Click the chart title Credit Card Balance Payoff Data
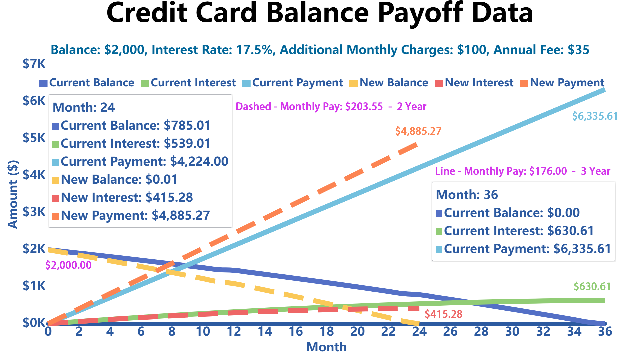point(319,13)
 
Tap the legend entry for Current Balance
point(87,83)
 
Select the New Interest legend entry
point(475,83)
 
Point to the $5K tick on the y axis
point(34,138)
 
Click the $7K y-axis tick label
point(34,64)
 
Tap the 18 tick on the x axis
point(326,332)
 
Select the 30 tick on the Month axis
point(512,332)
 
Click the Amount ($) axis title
point(13,194)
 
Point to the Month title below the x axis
point(326,347)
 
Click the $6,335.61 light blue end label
point(595,116)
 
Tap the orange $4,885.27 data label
point(418,131)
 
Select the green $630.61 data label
point(592,286)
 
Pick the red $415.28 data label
point(443,314)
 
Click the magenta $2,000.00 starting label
point(68,265)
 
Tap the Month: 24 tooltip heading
point(84,107)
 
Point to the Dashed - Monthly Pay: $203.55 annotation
point(331,107)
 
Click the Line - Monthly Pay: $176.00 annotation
point(522,171)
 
